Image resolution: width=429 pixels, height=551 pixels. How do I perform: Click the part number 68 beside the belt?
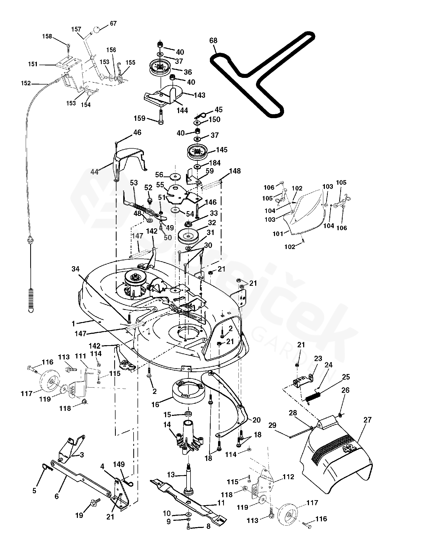(x=213, y=41)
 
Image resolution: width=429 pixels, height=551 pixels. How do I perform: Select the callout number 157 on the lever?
(x=76, y=29)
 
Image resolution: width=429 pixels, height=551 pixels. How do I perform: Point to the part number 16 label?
(x=156, y=412)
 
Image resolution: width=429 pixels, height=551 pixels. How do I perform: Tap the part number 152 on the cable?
(x=26, y=83)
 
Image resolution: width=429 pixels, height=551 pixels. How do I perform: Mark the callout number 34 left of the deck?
(x=76, y=269)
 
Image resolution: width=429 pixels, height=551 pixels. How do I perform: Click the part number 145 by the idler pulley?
(x=222, y=150)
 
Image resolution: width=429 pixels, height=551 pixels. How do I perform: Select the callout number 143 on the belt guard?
(x=200, y=95)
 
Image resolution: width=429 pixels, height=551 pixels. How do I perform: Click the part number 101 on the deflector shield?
(x=278, y=234)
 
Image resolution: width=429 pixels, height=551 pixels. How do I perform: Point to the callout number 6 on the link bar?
(x=56, y=496)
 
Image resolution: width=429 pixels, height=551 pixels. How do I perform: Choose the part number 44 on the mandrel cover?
(x=94, y=172)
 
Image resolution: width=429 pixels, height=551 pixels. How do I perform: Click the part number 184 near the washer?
(x=215, y=163)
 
